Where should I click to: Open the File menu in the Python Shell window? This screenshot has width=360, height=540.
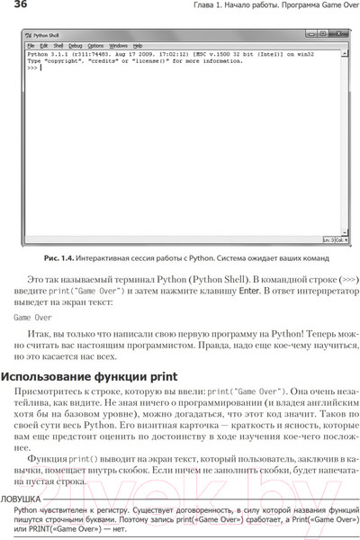[31, 44]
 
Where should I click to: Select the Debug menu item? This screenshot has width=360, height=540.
[74, 44]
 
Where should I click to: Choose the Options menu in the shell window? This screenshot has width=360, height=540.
[96, 44]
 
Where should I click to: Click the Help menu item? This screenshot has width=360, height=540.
[138, 44]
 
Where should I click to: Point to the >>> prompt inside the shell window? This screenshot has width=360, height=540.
[31, 66]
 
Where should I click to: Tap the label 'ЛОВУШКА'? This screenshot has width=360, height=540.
[20, 497]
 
